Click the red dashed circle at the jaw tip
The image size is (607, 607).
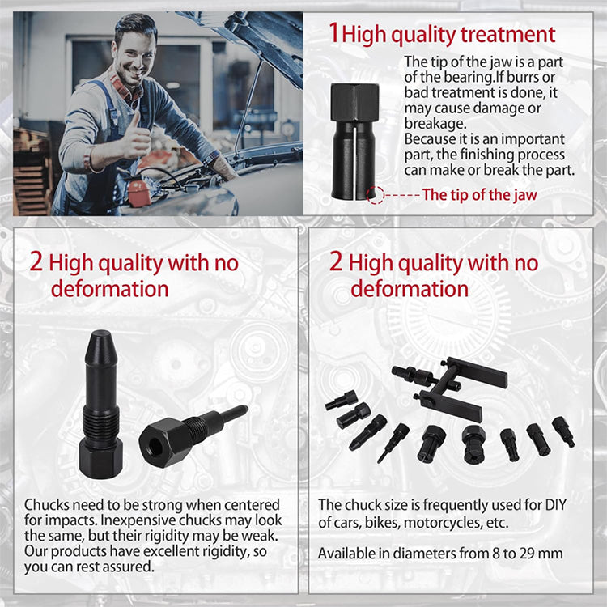point(375,195)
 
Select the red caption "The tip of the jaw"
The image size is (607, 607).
point(480,195)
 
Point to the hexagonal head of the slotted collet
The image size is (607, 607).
point(354,102)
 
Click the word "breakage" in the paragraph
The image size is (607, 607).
point(434,124)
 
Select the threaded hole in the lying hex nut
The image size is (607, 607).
point(155,448)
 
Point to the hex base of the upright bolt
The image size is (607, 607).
point(100,460)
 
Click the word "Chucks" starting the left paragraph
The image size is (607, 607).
point(46,505)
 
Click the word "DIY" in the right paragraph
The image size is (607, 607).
point(556,505)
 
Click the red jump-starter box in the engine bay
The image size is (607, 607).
point(138,192)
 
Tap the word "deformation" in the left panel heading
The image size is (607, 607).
point(109,289)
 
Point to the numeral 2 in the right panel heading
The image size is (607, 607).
point(336,261)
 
